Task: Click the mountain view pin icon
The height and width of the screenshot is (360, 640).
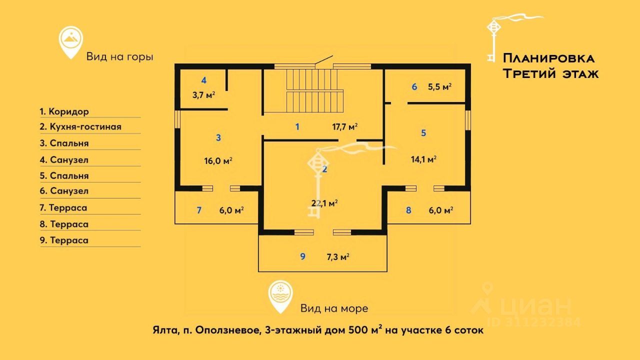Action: [x=70, y=41]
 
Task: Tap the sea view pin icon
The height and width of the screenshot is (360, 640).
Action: [x=280, y=295]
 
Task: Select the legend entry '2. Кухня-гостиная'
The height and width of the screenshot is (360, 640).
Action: [x=80, y=127]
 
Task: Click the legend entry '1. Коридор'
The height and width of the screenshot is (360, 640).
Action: [x=64, y=111]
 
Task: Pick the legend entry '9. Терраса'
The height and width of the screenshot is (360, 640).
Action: [x=64, y=240]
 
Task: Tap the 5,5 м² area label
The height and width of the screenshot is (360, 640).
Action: [x=439, y=86]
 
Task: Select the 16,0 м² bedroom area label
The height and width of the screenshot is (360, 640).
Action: [x=218, y=161]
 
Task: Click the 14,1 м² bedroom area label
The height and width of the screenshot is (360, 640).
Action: [x=424, y=159]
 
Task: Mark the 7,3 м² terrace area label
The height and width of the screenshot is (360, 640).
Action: [x=337, y=257]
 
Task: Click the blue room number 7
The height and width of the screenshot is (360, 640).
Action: [x=199, y=210]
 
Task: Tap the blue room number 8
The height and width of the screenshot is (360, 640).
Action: [x=408, y=210]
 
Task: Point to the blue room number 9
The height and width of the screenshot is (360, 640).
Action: [x=302, y=256]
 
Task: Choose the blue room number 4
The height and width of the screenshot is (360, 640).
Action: [x=203, y=80]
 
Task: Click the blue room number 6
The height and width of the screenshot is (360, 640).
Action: [x=414, y=86]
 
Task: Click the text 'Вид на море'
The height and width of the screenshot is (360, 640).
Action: [x=334, y=308]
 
